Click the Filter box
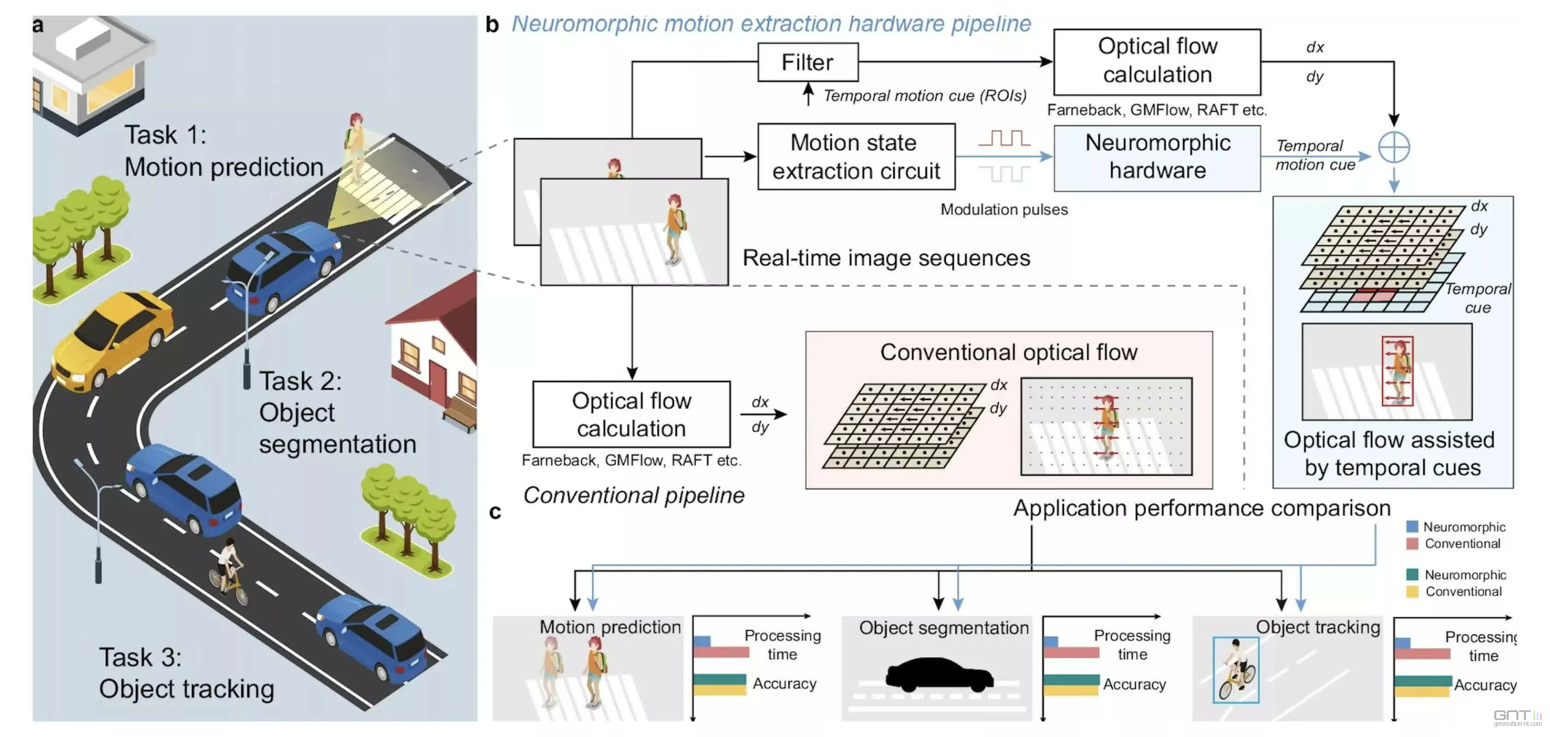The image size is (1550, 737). [x=808, y=62]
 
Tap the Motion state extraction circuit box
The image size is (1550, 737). [x=856, y=157]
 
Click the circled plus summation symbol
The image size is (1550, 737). [x=1393, y=147]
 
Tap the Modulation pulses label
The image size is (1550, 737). [x=1004, y=210]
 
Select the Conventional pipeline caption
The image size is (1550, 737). [x=633, y=495]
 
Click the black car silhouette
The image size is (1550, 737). [x=938, y=674]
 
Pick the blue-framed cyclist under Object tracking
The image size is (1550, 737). [x=1236, y=670]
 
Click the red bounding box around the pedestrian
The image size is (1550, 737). [x=1397, y=371]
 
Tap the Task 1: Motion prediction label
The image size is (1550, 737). [x=223, y=151]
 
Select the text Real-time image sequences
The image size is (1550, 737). [x=886, y=257]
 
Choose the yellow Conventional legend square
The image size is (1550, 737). [x=1411, y=591]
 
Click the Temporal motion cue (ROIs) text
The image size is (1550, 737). [x=924, y=96]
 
